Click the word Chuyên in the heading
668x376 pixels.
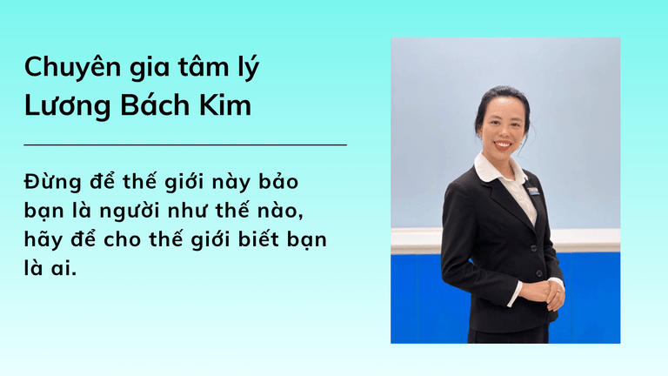click(72, 67)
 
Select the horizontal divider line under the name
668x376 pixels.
click(185, 145)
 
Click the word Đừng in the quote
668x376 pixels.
click(52, 182)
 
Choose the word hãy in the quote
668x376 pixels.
click(41, 240)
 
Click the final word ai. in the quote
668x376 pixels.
click(62, 268)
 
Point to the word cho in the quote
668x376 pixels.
click(122, 239)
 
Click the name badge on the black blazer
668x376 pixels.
click(533, 191)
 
